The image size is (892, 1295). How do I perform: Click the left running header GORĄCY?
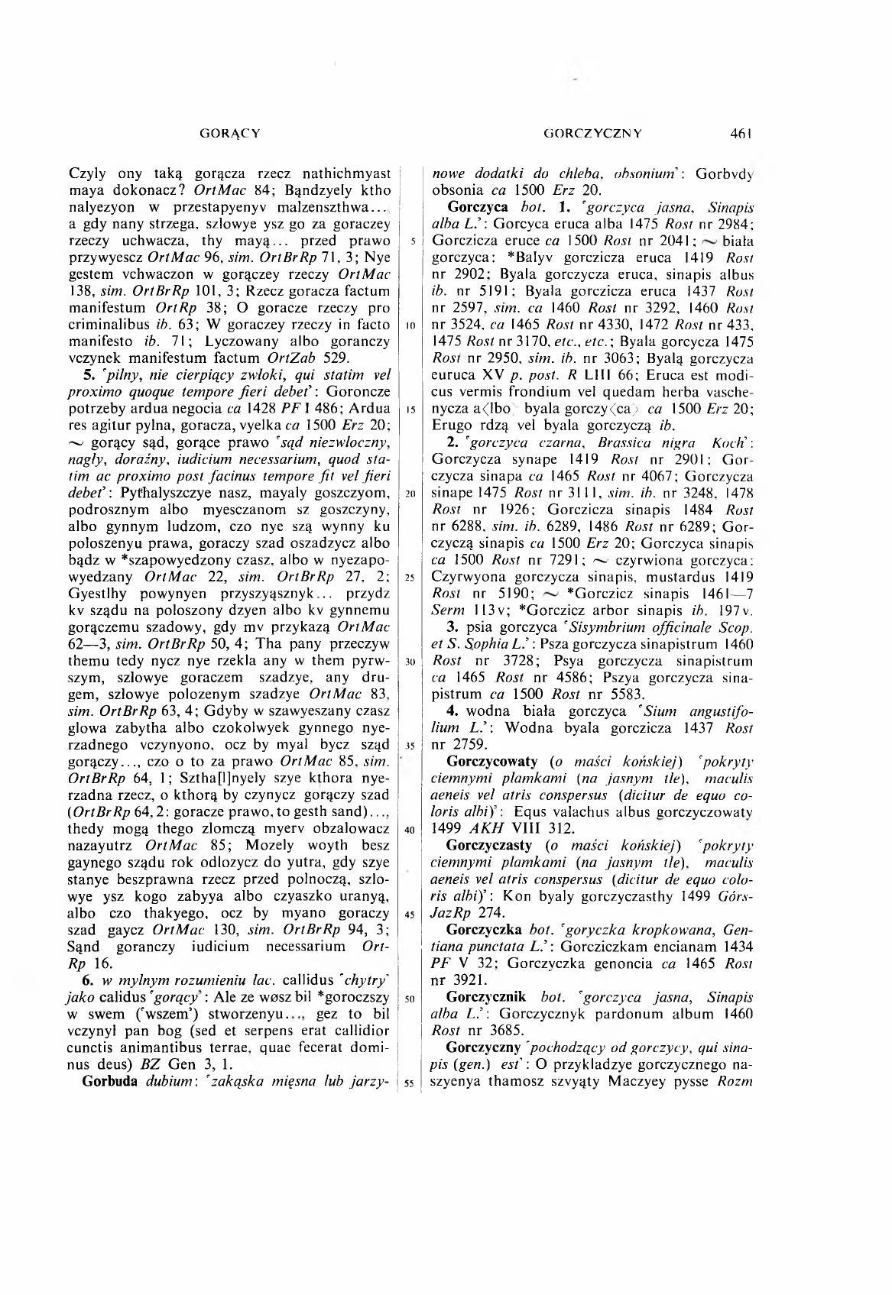tap(229, 133)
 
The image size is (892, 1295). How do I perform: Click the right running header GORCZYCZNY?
tap(592, 133)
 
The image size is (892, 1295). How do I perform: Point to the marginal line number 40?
tap(410, 830)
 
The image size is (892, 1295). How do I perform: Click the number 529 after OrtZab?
tap(337, 358)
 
